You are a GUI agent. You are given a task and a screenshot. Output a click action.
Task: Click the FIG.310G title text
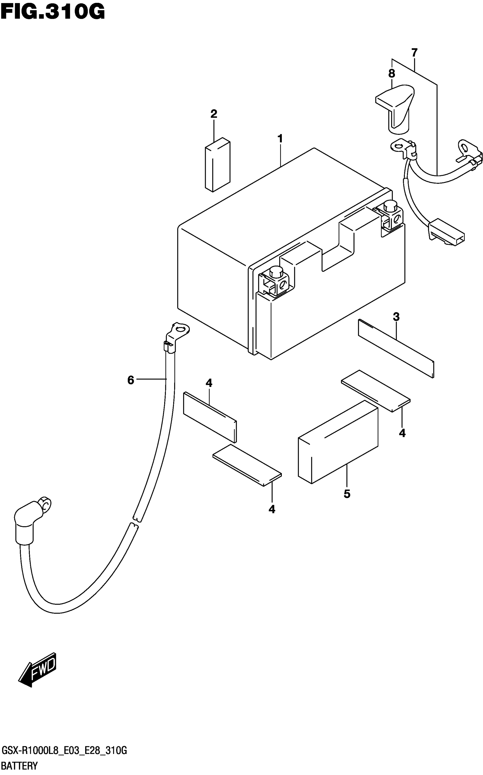pyautogui.click(x=53, y=12)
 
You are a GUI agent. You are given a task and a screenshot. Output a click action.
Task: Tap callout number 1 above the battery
pyautogui.click(x=280, y=139)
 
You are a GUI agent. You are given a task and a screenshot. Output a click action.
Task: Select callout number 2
pyautogui.click(x=214, y=114)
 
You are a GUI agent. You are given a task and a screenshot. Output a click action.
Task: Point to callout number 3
pyautogui.click(x=396, y=317)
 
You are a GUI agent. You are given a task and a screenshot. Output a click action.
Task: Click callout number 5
pyautogui.click(x=347, y=494)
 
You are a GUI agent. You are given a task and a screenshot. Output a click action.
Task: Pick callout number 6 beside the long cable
pyautogui.click(x=131, y=380)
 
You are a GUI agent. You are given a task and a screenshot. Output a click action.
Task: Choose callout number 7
pyautogui.click(x=414, y=52)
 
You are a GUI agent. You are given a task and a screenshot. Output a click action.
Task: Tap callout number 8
pyautogui.click(x=392, y=74)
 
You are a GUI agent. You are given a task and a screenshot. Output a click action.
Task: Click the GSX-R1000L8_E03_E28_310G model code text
pyautogui.click(x=64, y=751)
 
